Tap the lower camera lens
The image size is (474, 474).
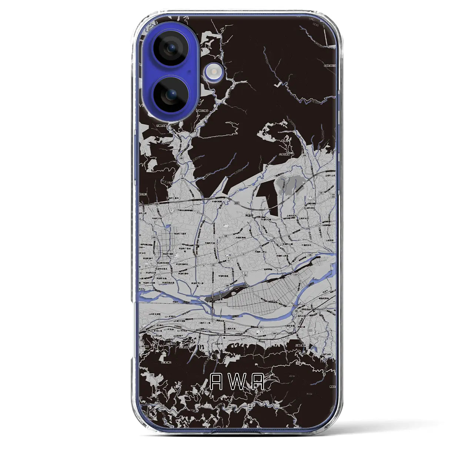(x=171, y=95)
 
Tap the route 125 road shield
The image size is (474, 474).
(x=213, y=266)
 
